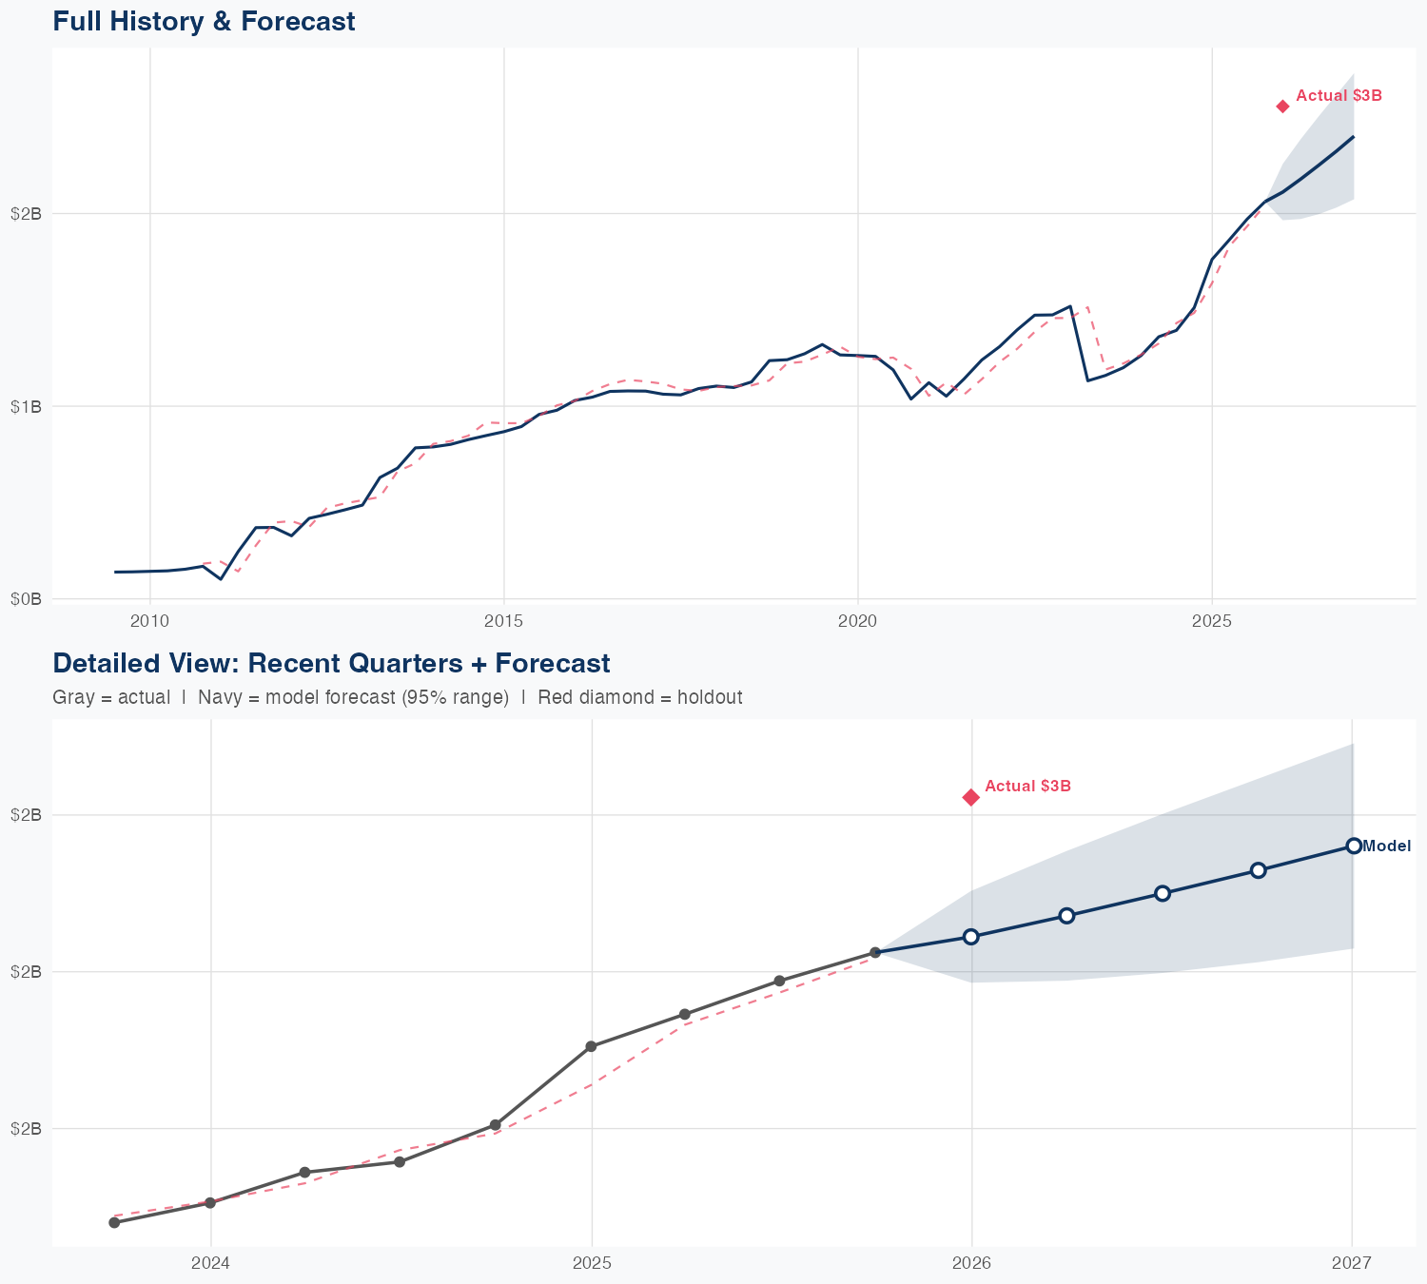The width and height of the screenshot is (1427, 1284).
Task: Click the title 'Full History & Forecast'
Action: (204, 22)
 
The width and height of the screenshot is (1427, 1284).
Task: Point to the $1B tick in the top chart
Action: (26, 407)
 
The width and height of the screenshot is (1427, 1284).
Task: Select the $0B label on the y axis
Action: (26, 599)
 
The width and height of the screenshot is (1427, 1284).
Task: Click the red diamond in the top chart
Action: (1282, 107)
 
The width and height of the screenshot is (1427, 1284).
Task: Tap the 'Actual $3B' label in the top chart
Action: (1339, 96)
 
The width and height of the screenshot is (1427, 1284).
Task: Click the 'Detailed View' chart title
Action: (331, 663)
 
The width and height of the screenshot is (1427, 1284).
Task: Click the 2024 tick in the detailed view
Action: (210, 1263)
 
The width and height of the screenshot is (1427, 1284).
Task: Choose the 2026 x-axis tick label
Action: (971, 1263)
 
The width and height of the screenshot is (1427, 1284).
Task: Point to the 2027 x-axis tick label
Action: (1352, 1263)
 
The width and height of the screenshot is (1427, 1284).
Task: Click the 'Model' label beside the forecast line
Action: (1386, 846)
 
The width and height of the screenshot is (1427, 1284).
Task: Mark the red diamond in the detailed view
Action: (970, 797)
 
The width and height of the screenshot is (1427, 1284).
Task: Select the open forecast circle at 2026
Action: (970, 937)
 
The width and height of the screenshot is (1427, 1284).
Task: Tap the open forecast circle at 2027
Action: (1353, 846)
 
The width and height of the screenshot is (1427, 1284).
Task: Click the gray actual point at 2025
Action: (591, 1046)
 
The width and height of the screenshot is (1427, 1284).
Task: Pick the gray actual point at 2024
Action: (210, 1203)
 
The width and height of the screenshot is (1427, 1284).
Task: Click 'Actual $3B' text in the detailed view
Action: (1027, 787)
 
